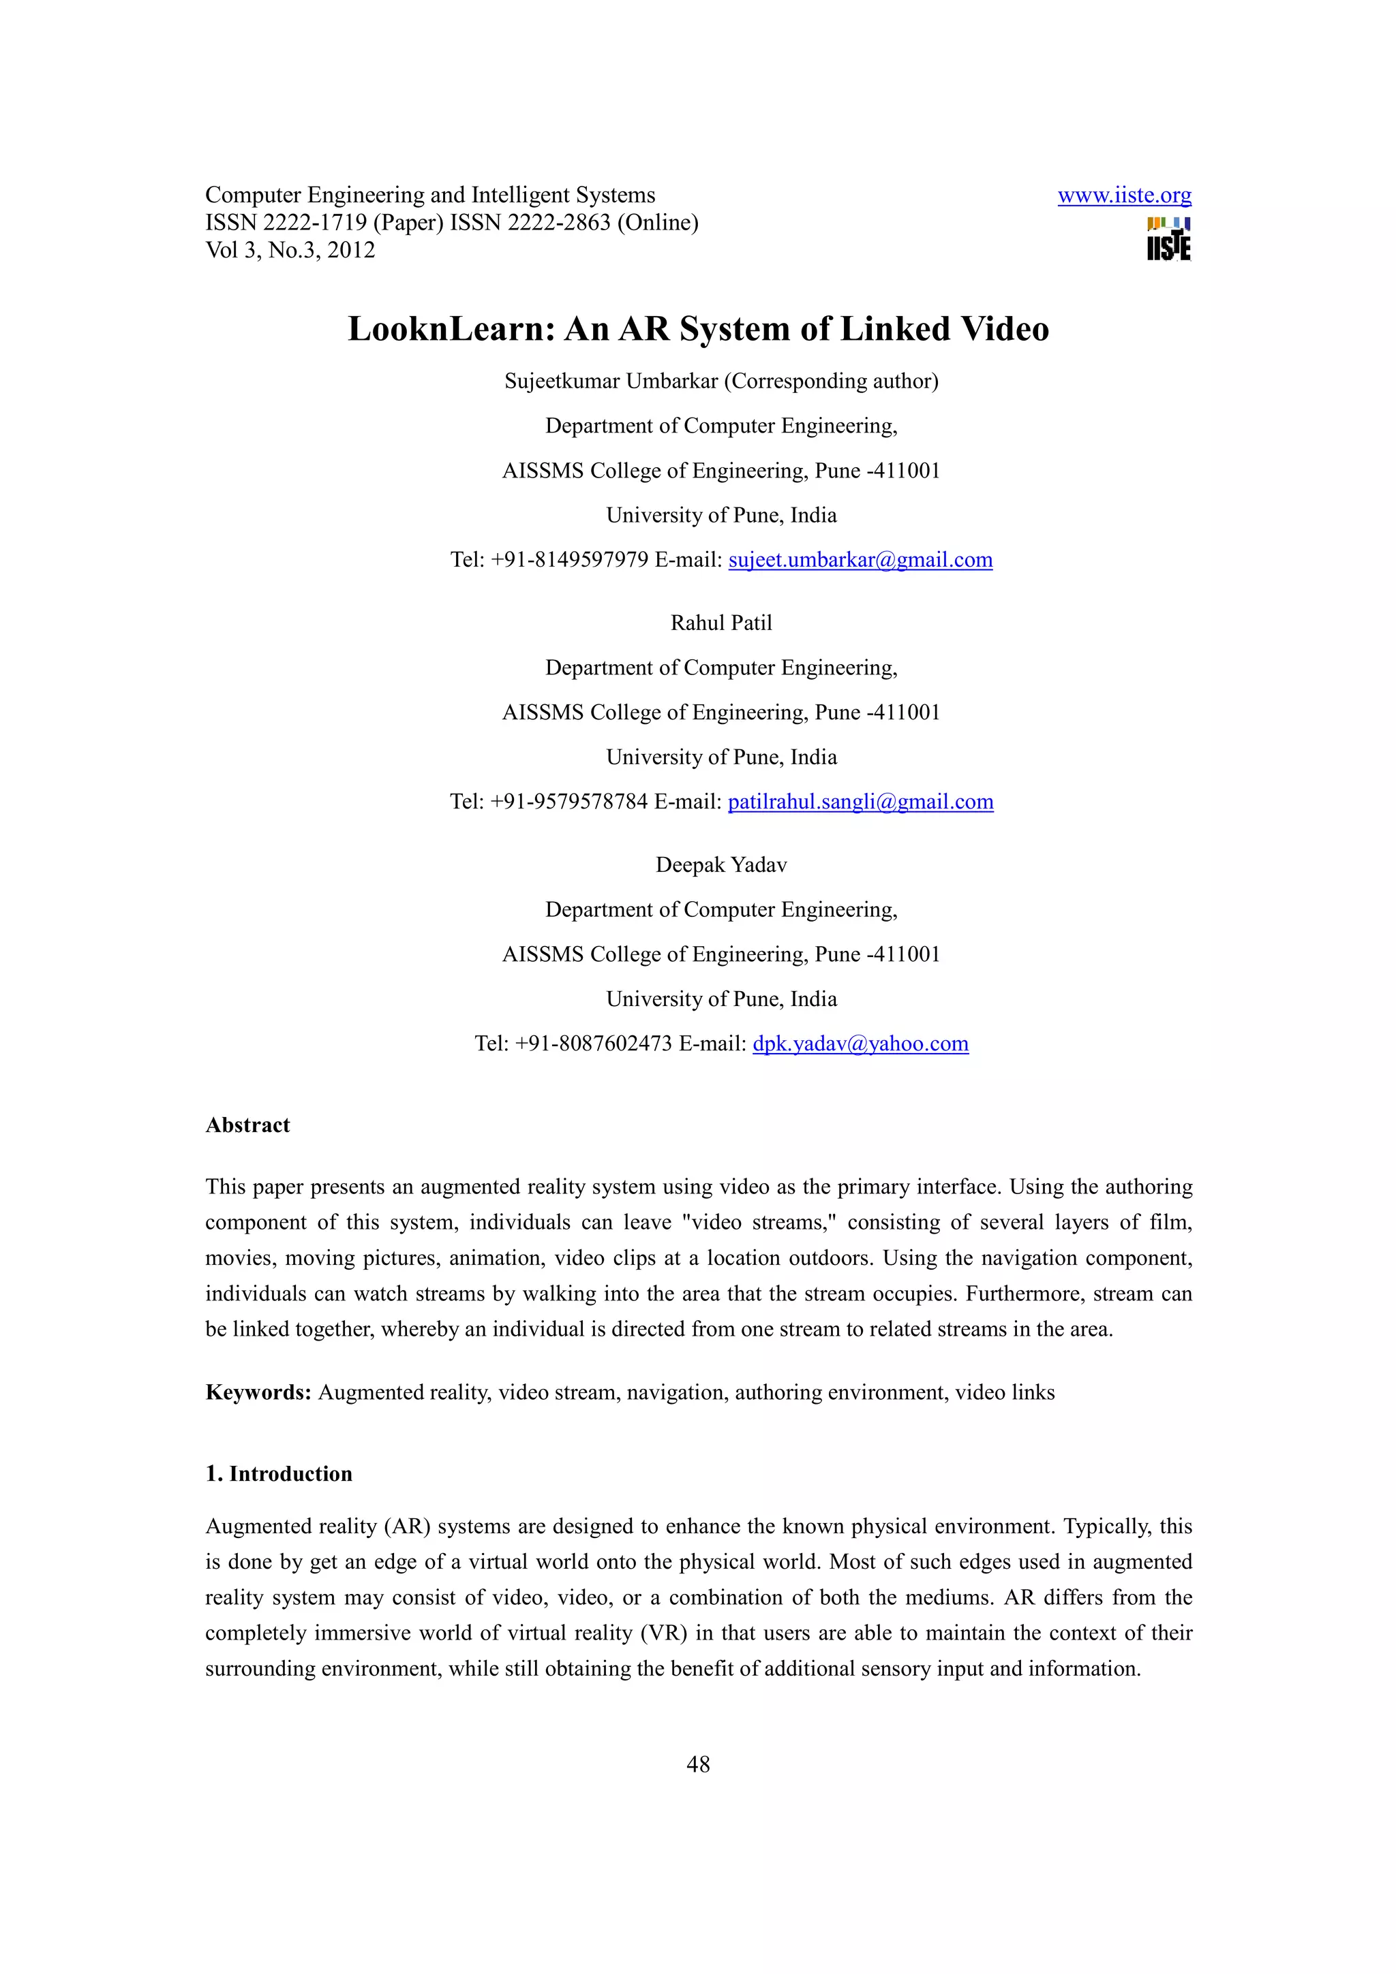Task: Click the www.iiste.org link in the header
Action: click(x=1123, y=195)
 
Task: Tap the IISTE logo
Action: click(x=1168, y=239)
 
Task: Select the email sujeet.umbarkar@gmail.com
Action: click(x=860, y=560)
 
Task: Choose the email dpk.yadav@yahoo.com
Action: click(x=860, y=1043)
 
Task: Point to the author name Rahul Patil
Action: click(x=720, y=623)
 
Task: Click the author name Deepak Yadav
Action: click(x=720, y=864)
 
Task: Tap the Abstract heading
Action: click(x=247, y=1125)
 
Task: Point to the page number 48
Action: click(x=697, y=1764)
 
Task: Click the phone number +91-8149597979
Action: click(x=568, y=560)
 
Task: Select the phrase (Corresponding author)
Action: click(x=831, y=381)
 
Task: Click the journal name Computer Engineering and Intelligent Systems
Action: click(x=430, y=195)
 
